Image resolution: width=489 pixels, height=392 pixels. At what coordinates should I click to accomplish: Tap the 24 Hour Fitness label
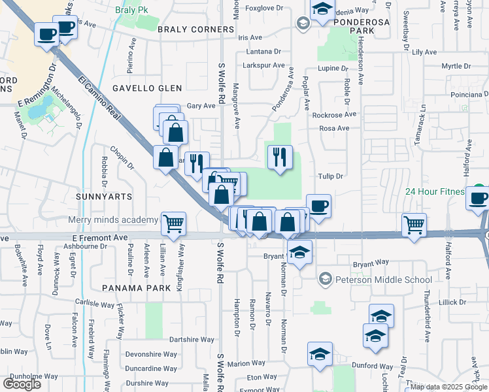(434, 191)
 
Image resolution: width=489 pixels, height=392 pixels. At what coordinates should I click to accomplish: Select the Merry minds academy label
(108, 220)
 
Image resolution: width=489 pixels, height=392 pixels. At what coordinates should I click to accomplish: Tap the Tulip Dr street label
(331, 176)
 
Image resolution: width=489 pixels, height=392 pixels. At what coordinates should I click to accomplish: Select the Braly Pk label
(128, 10)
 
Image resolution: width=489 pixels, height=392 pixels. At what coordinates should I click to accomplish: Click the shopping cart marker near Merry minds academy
(173, 224)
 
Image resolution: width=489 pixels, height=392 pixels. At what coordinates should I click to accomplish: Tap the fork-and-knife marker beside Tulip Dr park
(279, 157)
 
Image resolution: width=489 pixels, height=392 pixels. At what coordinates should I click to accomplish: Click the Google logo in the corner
(21, 384)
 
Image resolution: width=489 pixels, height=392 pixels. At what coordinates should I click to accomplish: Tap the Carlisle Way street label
(94, 304)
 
